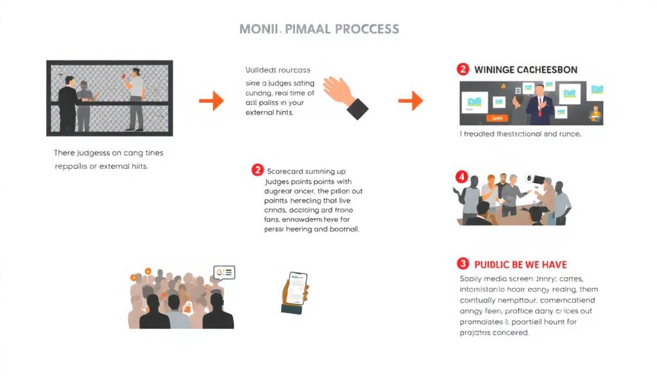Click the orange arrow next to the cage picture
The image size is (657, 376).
tap(211, 100)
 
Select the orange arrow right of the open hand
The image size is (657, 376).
tap(411, 100)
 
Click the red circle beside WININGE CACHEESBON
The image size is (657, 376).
tap(463, 69)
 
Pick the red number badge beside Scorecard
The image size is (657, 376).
tap(257, 170)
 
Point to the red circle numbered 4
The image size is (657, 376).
tap(461, 176)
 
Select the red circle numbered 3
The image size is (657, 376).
tap(463, 264)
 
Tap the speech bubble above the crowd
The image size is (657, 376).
tap(225, 273)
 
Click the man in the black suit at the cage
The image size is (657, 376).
tap(67, 103)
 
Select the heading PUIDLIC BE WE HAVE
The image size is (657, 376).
tap(520, 264)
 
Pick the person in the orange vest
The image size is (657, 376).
tap(596, 114)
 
